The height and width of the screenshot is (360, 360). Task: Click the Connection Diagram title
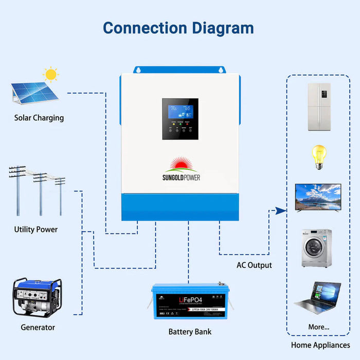[x=178, y=27]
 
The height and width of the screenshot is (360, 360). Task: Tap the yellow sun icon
[x=51, y=75]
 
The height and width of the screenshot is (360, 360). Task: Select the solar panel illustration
[x=31, y=93]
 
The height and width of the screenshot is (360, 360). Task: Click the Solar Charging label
[x=39, y=118]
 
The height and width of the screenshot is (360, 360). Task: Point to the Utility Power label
[x=36, y=229]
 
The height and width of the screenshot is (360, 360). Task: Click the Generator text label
[x=38, y=327]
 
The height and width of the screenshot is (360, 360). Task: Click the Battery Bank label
[x=190, y=332]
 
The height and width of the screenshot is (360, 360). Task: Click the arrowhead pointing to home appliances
[x=280, y=210]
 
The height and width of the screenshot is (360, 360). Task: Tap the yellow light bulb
[x=319, y=156]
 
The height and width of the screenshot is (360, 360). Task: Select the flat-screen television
[x=318, y=197]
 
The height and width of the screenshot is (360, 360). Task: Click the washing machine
[x=316, y=248]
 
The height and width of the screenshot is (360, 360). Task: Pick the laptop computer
[x=317, y=298]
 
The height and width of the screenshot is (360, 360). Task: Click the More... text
[x=319, y=327]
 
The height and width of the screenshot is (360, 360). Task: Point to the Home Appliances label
[x=320, y=345]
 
